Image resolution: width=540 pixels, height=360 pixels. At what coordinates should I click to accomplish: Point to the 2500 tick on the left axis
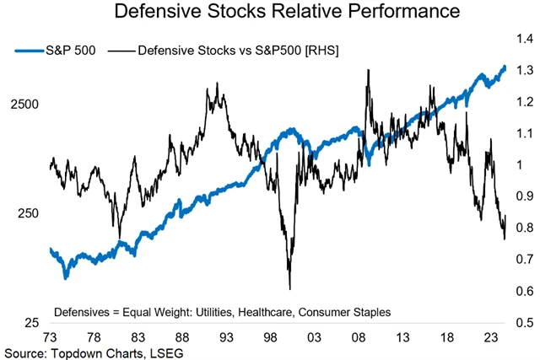tap(27, 104)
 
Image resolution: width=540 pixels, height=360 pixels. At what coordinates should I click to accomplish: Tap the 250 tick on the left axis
tap(30, 213)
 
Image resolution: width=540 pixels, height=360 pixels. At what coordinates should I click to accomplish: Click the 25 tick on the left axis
tap(34, 323)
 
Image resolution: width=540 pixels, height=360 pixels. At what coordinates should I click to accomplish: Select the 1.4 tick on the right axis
tap(525, 39)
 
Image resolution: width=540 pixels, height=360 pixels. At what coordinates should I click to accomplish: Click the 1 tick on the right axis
tap(520, 165)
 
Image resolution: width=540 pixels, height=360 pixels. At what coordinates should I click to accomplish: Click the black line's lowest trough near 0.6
tap(289, 287)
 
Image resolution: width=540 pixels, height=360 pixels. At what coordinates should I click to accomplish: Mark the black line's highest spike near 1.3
tap(369, 71)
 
